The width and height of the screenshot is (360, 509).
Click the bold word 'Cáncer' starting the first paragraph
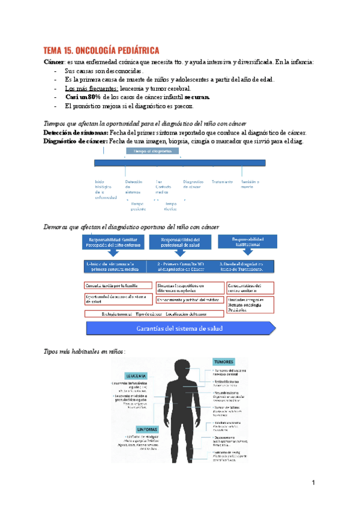[x=55, y=62]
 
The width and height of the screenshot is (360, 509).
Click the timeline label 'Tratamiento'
[x=222, y=182]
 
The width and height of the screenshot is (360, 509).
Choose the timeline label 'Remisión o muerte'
[x=250, y=184]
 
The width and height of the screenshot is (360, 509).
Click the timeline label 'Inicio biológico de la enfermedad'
[x=106, y=190]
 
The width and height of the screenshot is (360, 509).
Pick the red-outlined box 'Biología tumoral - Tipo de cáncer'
[x=149, y=313]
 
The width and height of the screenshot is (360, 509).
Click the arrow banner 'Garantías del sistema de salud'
[x=181, y=328]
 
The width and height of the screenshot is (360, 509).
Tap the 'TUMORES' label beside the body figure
[x=223, y=362]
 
